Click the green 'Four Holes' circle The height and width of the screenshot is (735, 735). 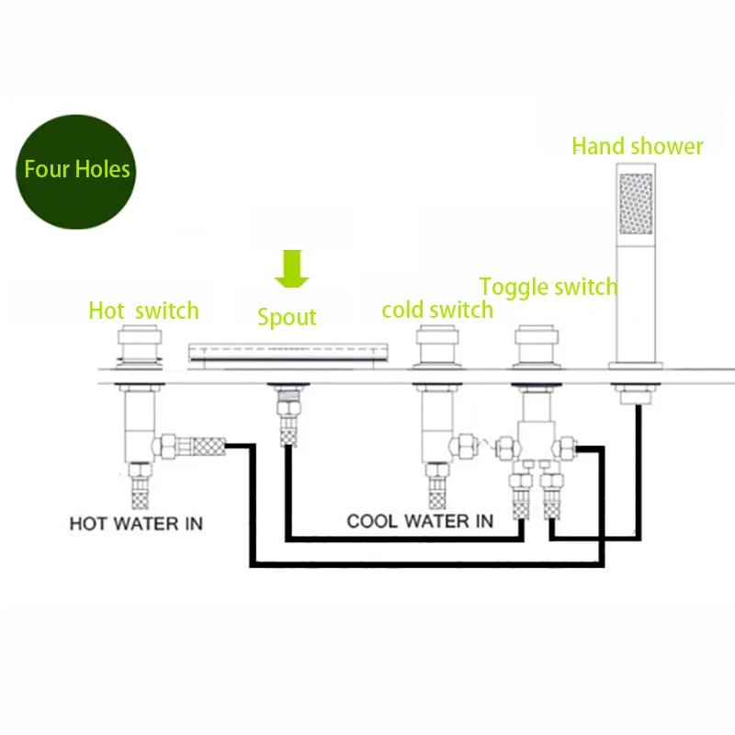tap(77, 171)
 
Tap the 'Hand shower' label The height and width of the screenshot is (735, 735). tap(637, 146)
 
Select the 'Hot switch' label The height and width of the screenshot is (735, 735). tap(143, 311)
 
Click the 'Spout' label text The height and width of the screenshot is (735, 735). tap(287, 318)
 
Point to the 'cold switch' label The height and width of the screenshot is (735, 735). tap(437, 310)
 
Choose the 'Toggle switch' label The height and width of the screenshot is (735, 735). tap(548, 287)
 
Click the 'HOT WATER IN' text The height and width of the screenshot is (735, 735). tap(136, 525)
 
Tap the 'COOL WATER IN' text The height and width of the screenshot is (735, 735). tap(419, 522)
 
